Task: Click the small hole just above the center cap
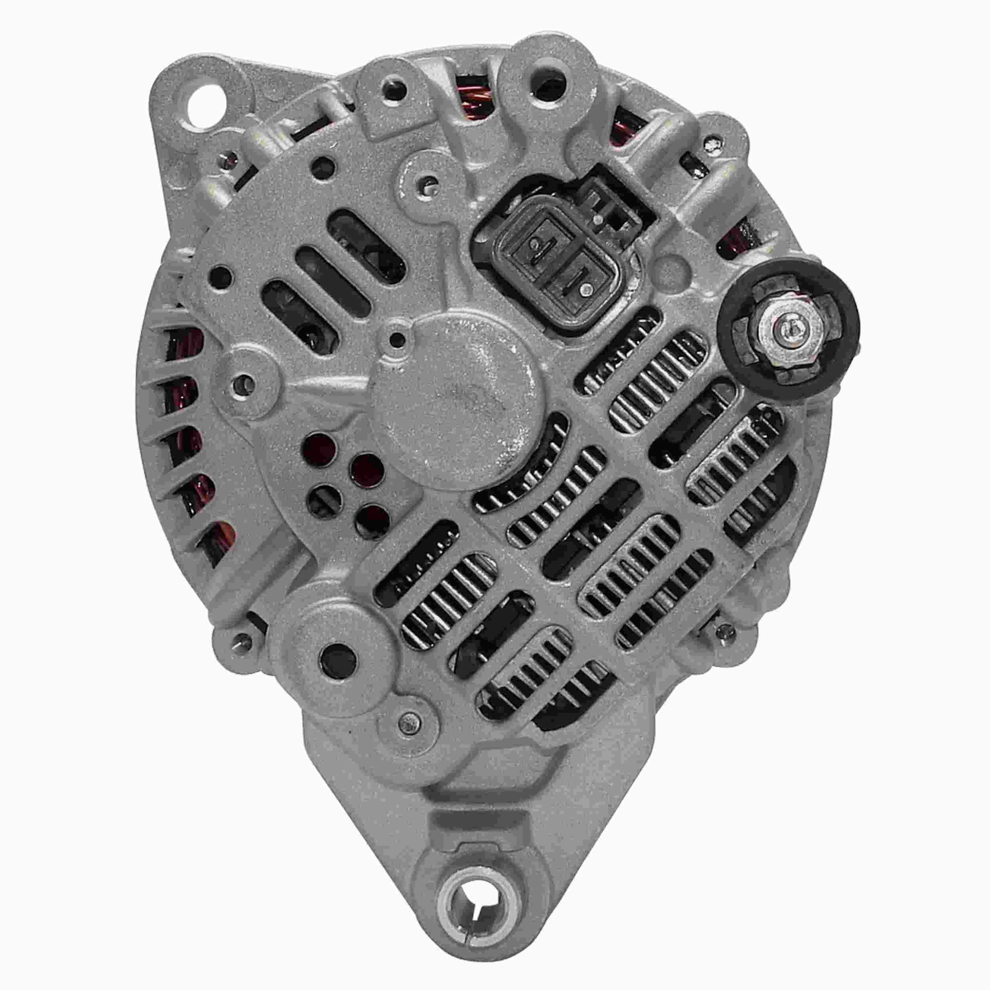coord(395,338)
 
